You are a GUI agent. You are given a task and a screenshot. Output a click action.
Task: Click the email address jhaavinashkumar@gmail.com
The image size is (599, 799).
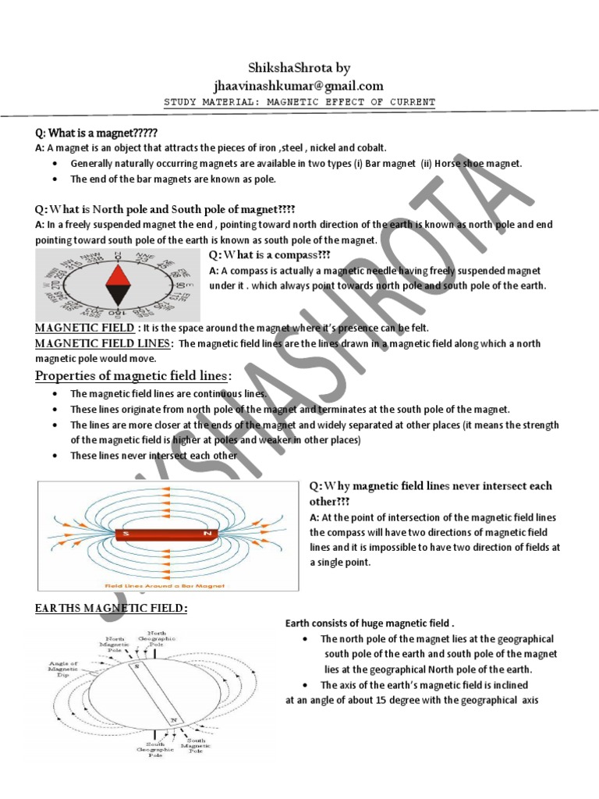(x=299, y=85)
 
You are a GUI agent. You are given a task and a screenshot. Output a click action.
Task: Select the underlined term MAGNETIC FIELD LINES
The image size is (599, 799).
(x=104, y=343)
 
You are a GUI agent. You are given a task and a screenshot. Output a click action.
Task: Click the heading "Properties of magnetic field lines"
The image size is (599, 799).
(x=133, y=376)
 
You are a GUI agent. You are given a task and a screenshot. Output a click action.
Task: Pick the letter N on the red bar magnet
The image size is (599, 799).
(x=207, y=534)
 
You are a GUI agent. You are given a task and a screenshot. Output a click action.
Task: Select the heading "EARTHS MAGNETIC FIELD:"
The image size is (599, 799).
(x=112, y=608)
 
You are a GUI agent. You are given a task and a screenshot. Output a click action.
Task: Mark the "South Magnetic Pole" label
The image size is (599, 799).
(x=197, y=745)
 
